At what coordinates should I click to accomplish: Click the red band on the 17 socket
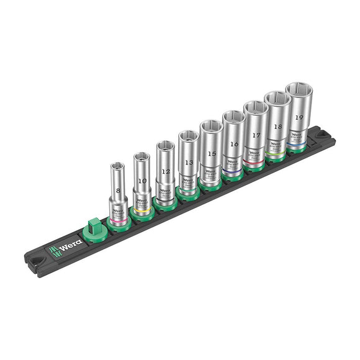tap(253, 163)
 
